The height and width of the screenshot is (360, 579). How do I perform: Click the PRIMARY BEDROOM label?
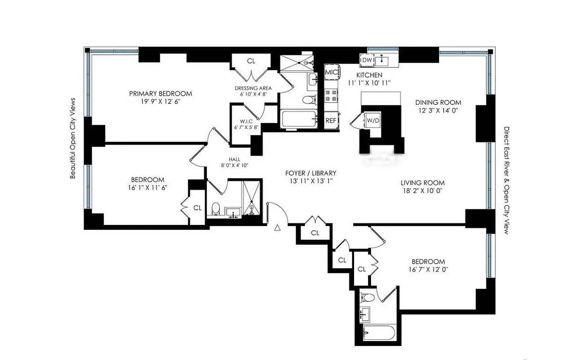click(x=160, y=94)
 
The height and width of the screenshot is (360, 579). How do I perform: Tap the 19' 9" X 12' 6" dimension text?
click(x=160, y=102)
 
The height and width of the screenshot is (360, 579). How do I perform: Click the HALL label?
click(x=234, y=159)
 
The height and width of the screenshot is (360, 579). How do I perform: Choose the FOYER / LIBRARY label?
click(x=311, y=173)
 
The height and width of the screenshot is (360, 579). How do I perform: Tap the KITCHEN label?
click(x=369, y=75)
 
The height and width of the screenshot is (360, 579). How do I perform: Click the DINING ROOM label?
click(x=438, y=103)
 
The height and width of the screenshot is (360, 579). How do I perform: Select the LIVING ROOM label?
click(x=422, y=183)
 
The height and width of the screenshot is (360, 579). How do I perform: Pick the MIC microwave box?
click(x=332, y=72)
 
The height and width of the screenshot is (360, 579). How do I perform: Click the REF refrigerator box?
click(x=331, y=121)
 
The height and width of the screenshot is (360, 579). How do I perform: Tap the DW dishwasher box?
click(x=367, y=60)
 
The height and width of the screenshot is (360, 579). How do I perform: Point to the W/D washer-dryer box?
click(x=373, y=121)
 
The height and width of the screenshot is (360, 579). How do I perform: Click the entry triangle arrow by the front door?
click(x=278, y=228)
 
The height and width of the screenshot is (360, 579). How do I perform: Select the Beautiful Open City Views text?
click(x=73, y=138)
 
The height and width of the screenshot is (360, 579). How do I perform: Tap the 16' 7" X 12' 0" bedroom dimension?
click(x=429, y=270)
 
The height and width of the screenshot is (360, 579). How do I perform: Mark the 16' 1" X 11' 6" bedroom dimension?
click(x=148, y=187)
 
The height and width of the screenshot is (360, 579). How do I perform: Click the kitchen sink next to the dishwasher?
click(x=384, y=59)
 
